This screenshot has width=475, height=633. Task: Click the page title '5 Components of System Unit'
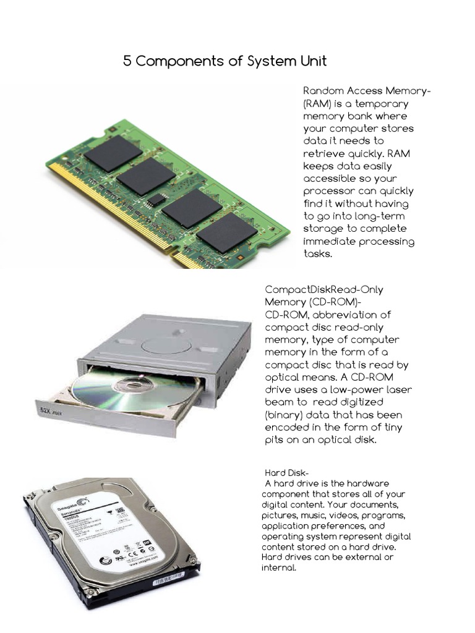point(225,61)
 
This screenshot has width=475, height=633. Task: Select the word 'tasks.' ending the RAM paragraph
point(318,253)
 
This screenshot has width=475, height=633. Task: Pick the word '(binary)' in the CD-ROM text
point(285,415)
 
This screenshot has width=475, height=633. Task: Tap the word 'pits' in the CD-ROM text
point(276,440)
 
